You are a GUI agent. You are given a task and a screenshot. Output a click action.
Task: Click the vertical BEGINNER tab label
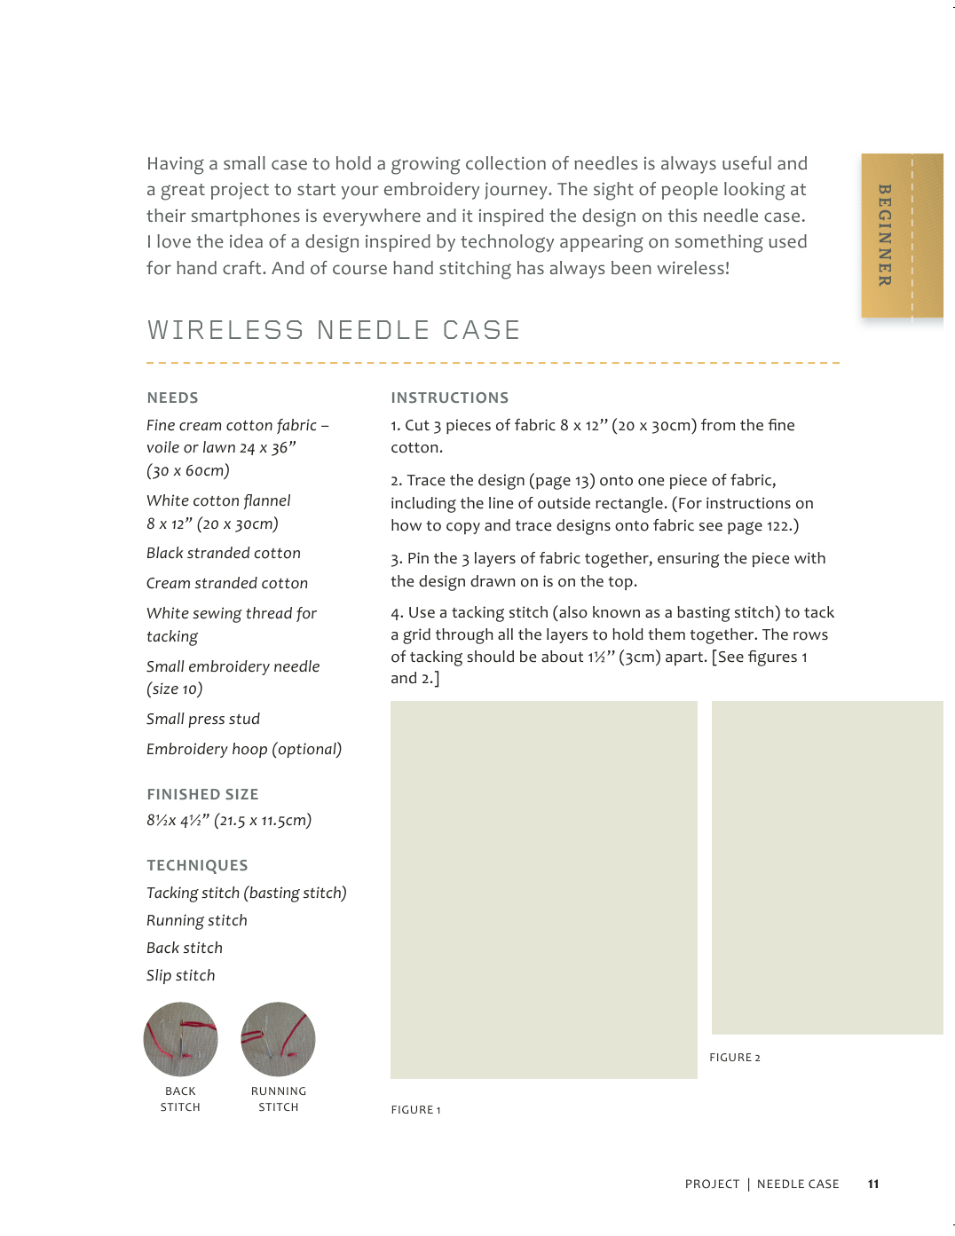[x=884, y=235]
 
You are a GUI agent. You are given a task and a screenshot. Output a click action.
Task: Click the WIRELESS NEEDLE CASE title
[x=334, y=330]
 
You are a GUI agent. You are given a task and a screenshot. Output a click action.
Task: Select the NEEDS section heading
[x=172, y=398]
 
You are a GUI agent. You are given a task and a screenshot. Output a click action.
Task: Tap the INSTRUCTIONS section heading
[x=449, y=398]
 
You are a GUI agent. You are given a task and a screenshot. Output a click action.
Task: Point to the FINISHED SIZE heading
[x=202, y=794]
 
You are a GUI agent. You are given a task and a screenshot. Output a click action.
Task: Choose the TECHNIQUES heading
[x=197, y=865]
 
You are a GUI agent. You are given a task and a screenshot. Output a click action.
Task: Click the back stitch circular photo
[x=180, y=1039]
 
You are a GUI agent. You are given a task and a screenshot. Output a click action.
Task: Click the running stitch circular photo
[x=278, y=1039]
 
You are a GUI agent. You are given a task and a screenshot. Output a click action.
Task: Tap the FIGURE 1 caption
[x=415, y=1110]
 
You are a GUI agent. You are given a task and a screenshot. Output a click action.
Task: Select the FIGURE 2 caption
[x=734, y=1058]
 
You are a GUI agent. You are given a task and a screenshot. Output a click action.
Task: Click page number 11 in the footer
[x=873, y=1184]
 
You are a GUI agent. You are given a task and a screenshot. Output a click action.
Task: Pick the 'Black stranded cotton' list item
[x=224, y=553]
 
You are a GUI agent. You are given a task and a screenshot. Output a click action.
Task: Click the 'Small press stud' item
[x=203, y=719]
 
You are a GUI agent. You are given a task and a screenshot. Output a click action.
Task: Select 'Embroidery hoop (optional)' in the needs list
[x=244, y=749]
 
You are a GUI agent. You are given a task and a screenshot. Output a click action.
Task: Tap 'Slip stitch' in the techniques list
[x=181, y=975]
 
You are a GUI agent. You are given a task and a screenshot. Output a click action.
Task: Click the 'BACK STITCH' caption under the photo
[x=180, y=1099]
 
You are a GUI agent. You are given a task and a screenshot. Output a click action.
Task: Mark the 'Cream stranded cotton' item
[x=227, y=583]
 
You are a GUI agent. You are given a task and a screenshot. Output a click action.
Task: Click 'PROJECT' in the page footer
[x=712, y=1184]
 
